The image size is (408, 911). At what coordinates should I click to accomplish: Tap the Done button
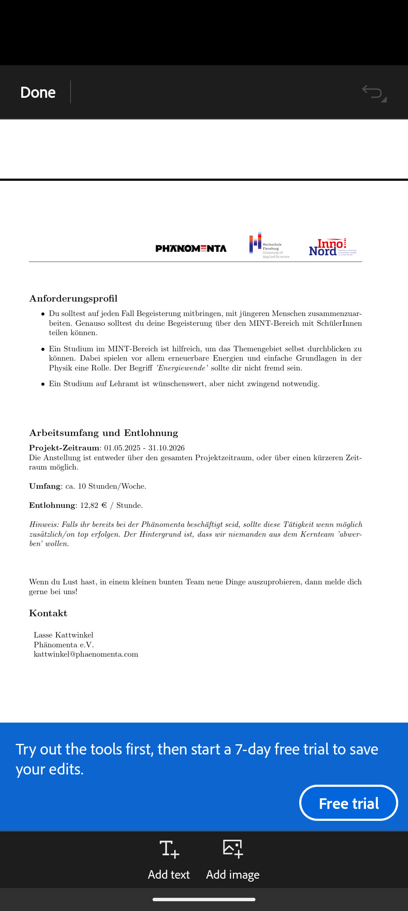pyautogui.click(x=38, y=92)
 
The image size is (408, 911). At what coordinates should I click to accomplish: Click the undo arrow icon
pyautogui.click(x=373, y=92)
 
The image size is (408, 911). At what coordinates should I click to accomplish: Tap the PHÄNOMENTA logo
pyautogui.click(x=191, y=248)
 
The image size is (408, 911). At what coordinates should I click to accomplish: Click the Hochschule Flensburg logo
pyautogui.click(x=269, y=245)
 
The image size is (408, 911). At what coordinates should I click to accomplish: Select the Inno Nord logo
pyautogui.click(x=332, y=247)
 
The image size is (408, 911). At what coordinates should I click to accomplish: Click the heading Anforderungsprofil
pyautogui.click(x=73, y=299)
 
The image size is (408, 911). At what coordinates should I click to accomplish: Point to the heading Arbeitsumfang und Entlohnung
pyautogui.click(x=103, y=433)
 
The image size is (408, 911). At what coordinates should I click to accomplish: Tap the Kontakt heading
pyautogui.click(x=48, y=613)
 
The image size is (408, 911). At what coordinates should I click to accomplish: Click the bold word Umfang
pyautogui.click(x=44, y=486)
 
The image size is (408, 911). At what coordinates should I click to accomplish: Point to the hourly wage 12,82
pyautogui.click(x=89, y=505)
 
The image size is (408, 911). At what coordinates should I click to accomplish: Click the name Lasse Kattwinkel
pyautogui.click(x=63, y=635)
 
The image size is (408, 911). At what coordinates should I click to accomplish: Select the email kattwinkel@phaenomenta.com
pyautogui.click(x=86, y=654)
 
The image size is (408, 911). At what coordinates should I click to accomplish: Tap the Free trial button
pyautogui.click(x=348, y=803)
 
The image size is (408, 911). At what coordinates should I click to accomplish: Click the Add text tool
pyautogui.click(x=169, y=859)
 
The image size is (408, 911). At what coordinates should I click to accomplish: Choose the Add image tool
pyautogui.click(x=232, y=859)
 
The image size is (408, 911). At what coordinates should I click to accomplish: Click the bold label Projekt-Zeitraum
pyautogui.click(x=64, y=448)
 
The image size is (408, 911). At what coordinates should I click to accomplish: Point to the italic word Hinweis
pyautogui.click(x=44, y=524)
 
